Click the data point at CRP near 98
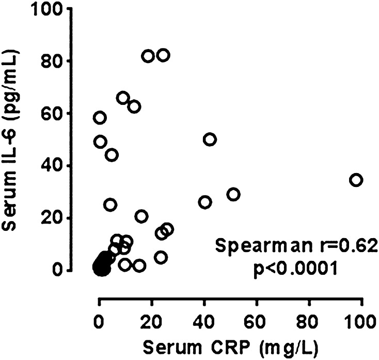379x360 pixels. [x=356, y=180]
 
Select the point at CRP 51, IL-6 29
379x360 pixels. [x=233, y=194]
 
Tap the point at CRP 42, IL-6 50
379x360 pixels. [x=210, y=139]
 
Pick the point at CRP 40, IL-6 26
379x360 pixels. [x=205, y=202]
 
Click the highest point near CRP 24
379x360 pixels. [x=163, y=55]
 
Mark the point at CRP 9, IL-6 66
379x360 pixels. [x=123, y=98]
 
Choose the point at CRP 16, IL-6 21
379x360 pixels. [x=141, y=216]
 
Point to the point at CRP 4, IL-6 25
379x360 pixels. [x=110, y=205]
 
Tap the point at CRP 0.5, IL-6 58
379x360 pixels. [x=100, y=118]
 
